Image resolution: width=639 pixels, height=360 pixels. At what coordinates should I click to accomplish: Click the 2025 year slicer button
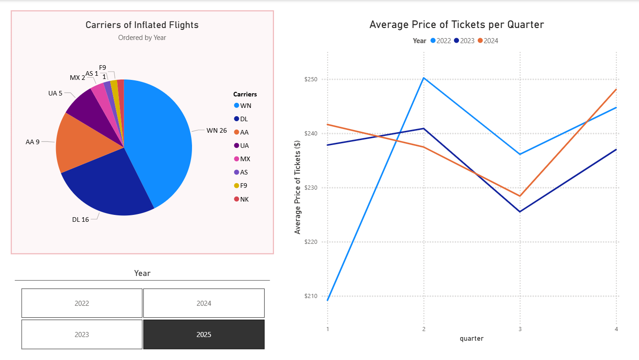click(x=204, y=334)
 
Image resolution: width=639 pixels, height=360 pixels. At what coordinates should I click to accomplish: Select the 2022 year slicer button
click(x=82, y=303)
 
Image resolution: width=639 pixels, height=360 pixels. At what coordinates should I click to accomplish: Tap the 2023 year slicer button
click(x=82, y=334)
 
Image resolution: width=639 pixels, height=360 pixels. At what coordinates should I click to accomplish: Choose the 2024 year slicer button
click(x=204, y=303)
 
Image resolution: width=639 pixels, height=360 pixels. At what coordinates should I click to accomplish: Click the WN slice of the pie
click(x=161, y=138)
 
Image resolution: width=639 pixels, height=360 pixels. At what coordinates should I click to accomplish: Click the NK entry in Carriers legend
click(x=244, y=199)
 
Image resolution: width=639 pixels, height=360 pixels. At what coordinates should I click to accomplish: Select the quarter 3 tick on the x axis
click(x=520, y=329)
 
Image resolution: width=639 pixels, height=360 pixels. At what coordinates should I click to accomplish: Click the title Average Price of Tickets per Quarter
click(x=457, y=25)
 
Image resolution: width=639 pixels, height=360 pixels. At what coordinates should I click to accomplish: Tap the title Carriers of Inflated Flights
click(x=142, y=25)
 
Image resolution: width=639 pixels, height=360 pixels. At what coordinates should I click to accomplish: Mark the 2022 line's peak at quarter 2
click(x=424, y=78)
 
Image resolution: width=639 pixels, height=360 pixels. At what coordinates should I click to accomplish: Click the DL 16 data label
click(x=80, y=219)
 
